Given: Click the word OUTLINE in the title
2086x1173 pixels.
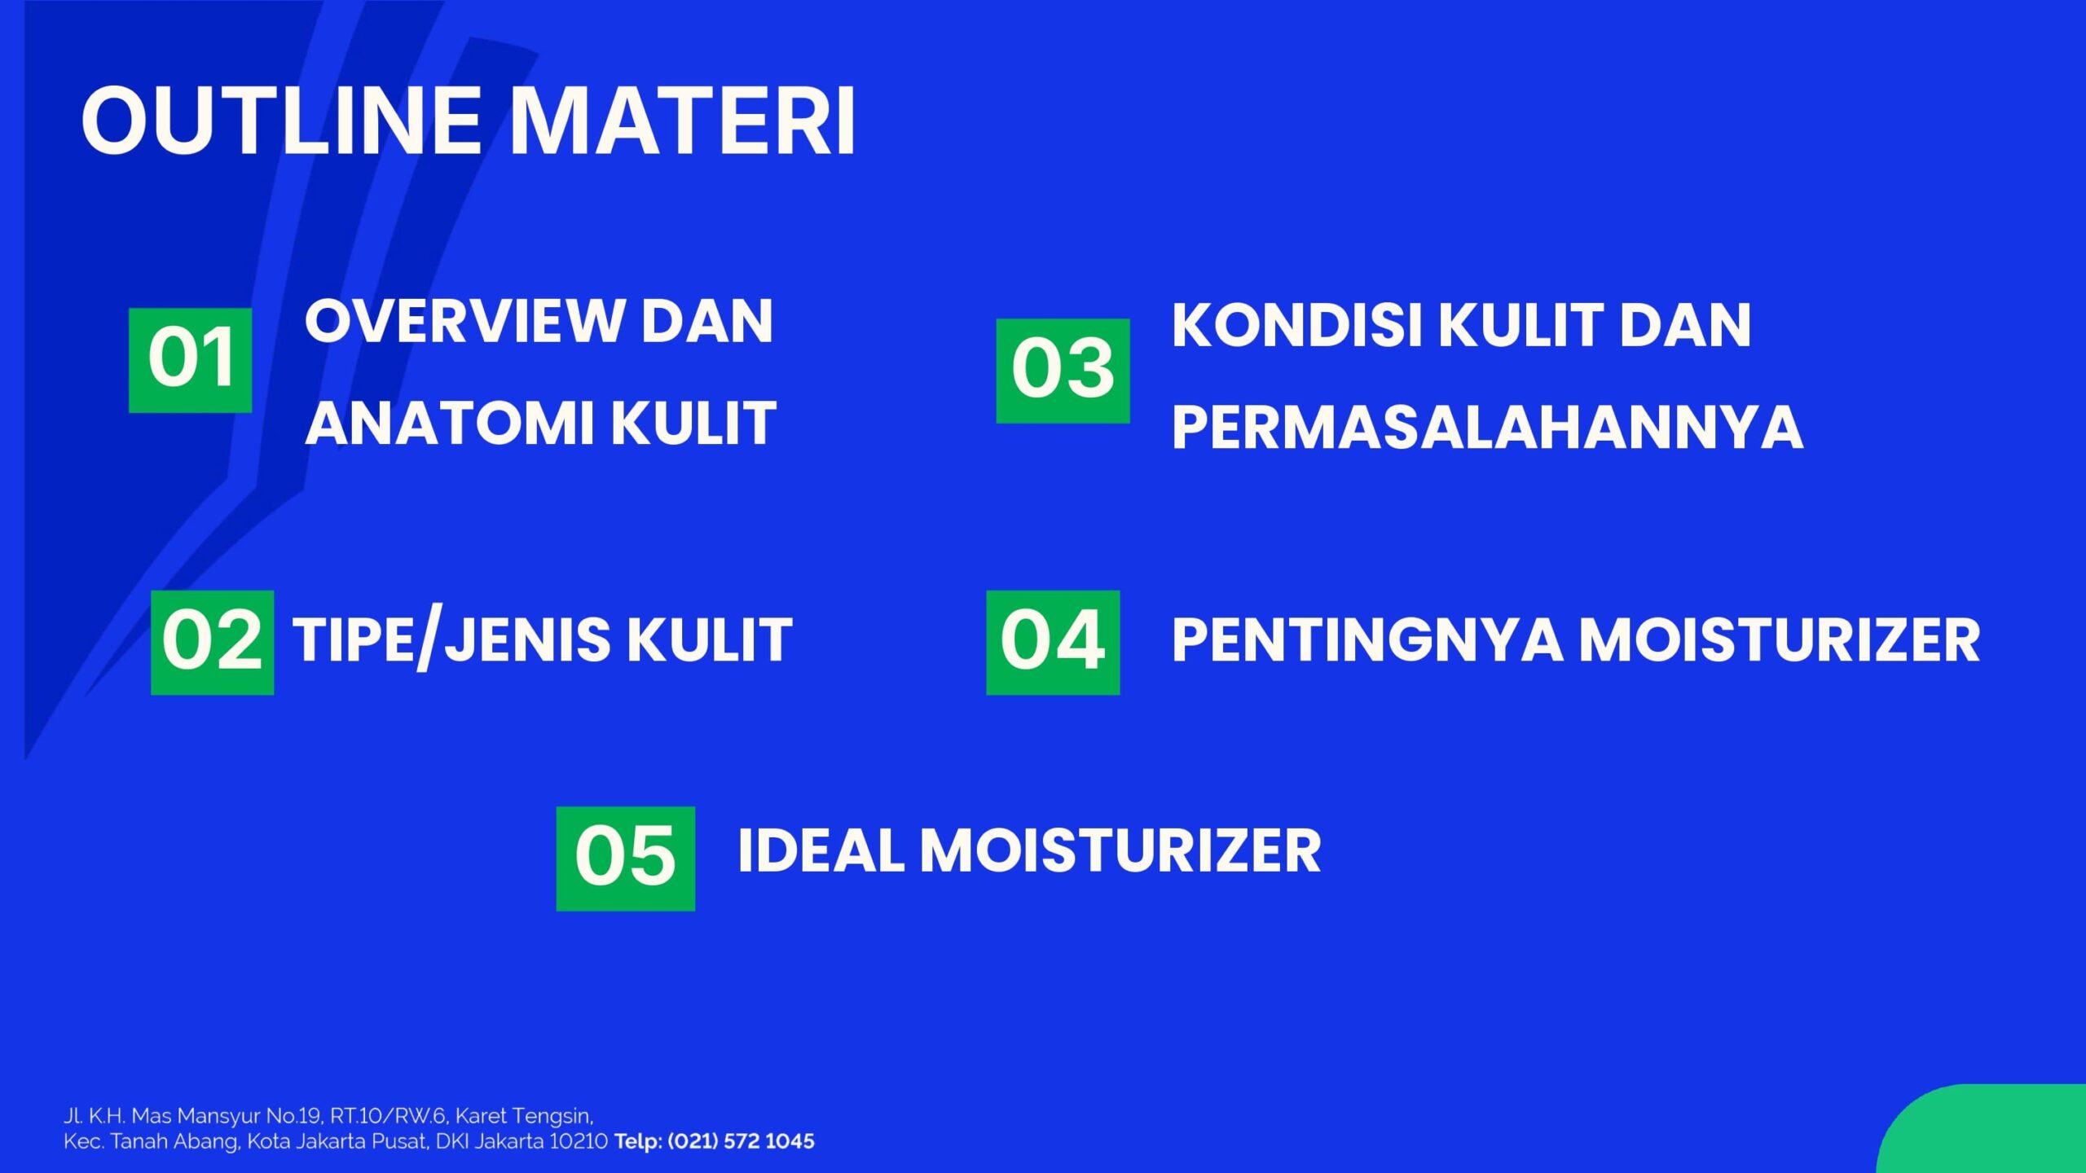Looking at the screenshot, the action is pos(281,121).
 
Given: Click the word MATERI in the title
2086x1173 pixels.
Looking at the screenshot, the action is pos(683,121).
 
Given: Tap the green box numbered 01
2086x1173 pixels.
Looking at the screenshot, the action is pos(190,360).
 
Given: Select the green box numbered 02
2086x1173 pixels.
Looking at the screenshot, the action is pos(212,642).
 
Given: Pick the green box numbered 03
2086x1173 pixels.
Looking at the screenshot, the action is pos(1063,371).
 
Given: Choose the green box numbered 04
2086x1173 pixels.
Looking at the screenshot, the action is pos(1053,642).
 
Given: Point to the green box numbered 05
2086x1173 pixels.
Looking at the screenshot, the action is pos(625,858).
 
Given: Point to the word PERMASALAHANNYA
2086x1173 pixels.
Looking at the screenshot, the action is pos(1487,427).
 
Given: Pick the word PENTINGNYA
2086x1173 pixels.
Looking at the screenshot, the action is pos(1366,639).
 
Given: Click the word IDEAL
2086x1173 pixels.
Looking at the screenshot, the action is pos(820,850).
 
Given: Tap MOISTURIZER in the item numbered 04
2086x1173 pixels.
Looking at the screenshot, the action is pos(1780,639).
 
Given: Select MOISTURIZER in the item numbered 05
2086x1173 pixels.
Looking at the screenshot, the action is pos(1120,850).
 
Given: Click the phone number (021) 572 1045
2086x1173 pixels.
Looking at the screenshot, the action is pos(741,1141).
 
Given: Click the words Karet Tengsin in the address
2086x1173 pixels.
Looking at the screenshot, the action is pos(523,1116).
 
